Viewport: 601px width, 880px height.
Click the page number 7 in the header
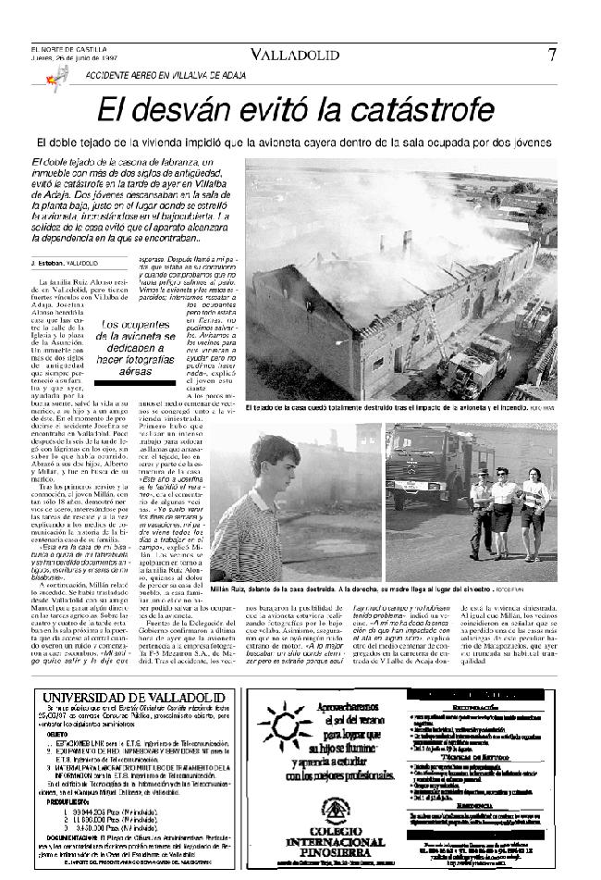(x=551, y=54)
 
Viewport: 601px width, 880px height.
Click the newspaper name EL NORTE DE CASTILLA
(x=68, y=50)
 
